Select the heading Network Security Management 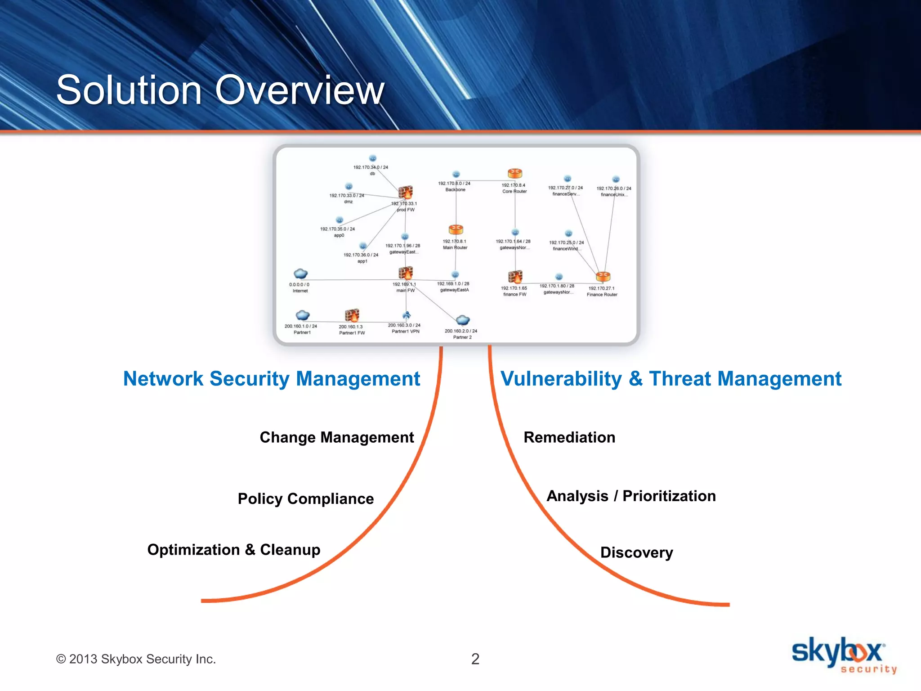tap(272, 379)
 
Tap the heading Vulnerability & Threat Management tap(671, 379)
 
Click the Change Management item tap(337, 437)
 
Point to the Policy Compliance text tap(306, 498)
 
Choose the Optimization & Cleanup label tap(234, 550)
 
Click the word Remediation tap(569, 437)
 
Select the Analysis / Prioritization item tap(631, 496)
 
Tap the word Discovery tap(636, 552)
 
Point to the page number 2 tap(475, 659)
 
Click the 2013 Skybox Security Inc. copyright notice tap(136, 659)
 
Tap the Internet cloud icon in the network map tap(300, 274)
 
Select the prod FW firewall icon tap(405, 192)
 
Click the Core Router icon tap(515, 173)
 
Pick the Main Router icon tap(456, 229)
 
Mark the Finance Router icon tap(603, 276)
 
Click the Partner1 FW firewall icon tap(352, 315)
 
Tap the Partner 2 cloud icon tap(463, 320)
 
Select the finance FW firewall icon tap(515, 276)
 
